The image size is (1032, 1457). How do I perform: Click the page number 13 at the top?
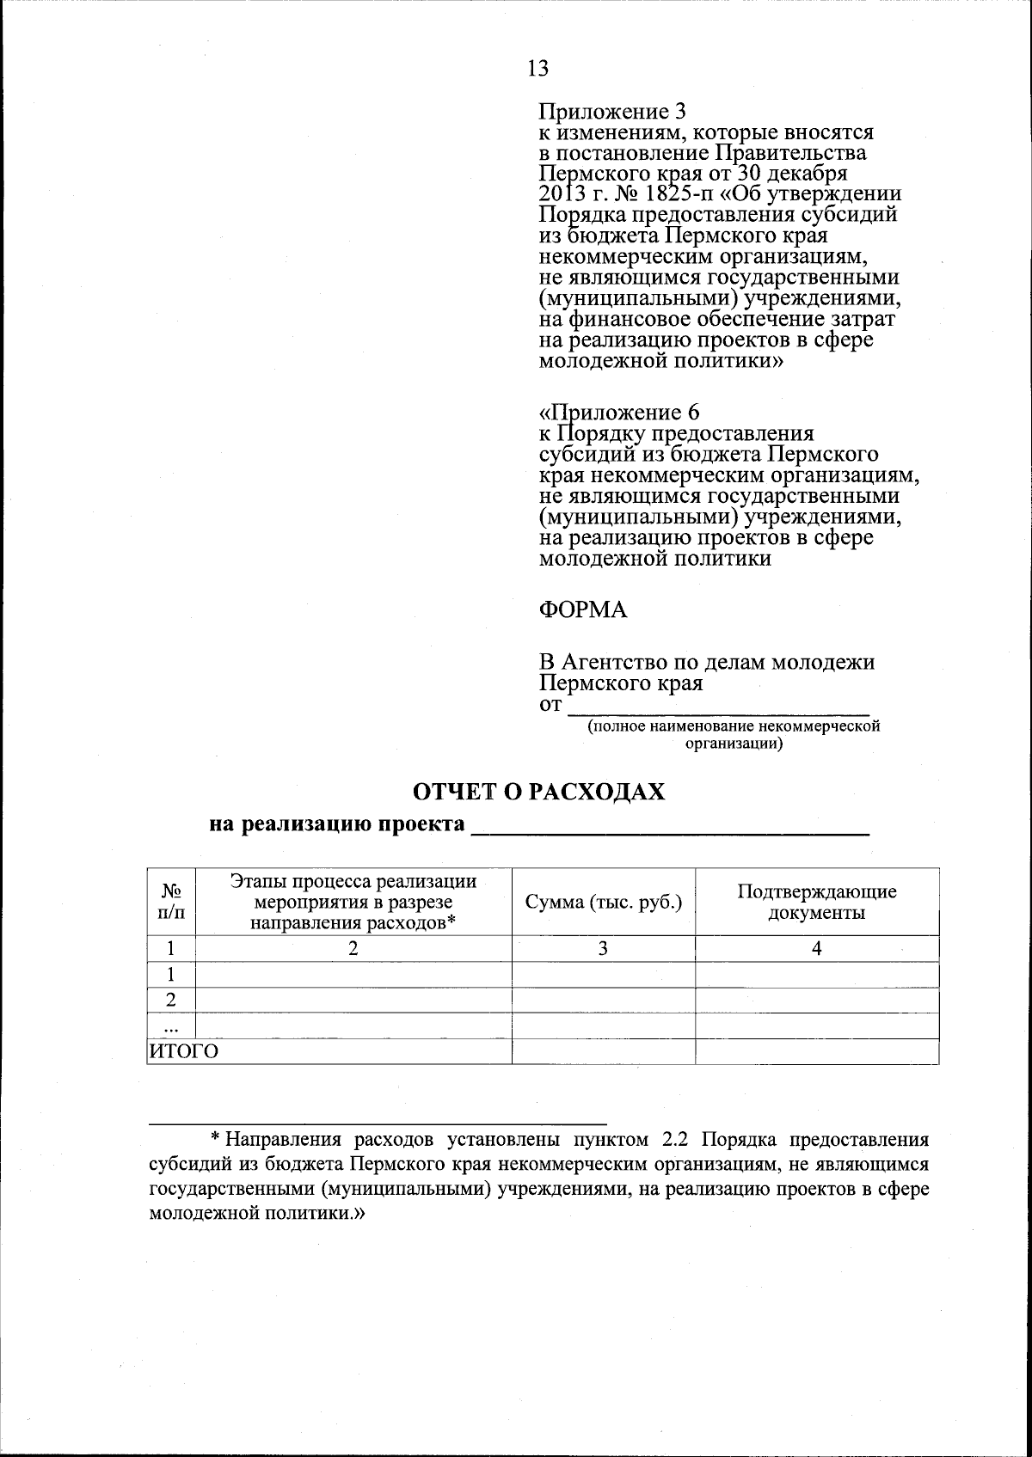[x=537, y=68]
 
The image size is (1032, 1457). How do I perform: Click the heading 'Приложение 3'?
[x=612, y=112]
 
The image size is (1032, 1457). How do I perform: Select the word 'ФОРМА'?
[x=582, y=610]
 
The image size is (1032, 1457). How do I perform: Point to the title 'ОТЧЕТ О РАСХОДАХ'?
[x=539, y=792]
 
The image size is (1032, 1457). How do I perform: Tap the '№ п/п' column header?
[x=171, y=902]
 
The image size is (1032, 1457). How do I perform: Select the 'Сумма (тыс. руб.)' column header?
[x=603, y=902]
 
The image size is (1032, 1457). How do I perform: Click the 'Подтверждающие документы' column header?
[x=816, y=902]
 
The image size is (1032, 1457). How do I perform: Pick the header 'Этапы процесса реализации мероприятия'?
[x=353, y=902]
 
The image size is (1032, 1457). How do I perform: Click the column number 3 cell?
[x=603, y=949]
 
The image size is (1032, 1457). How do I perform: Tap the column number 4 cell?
[x=816, y=949]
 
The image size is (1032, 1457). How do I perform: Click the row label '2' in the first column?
[x=171, y=1001]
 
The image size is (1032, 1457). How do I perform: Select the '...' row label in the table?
[x=171, y=1026]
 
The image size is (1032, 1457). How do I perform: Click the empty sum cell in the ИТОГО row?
[x=603, y=1052]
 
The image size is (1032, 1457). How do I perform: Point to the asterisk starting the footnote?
[x=217, y=1140]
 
